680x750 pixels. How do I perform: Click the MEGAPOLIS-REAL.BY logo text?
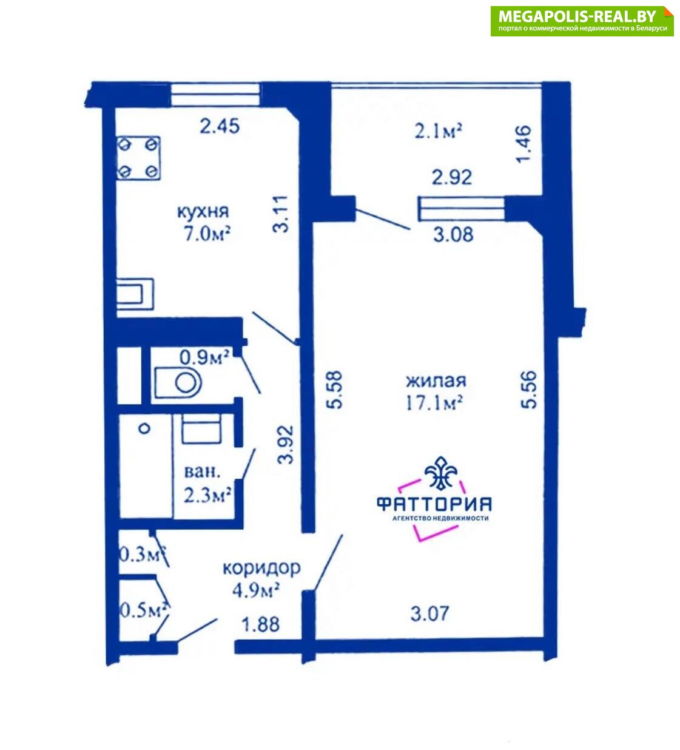[x=577, y=16]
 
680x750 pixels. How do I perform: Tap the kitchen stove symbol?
[x=138, y=158]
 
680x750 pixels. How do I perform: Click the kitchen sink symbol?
[x=135, y=294]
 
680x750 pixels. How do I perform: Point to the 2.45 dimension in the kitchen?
[x=220, y=126]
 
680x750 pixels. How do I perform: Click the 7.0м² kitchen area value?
[x=207, y=235]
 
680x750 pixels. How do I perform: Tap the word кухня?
[x=203, y=212]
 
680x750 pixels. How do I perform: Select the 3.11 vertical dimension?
[x=281, y=215]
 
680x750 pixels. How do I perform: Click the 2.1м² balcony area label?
[x=438, y=131]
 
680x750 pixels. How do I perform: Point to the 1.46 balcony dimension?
[x=523, y=144]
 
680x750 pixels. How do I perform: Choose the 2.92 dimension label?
[x=452, y=177]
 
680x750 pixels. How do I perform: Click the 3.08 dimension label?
[x=453, y=234]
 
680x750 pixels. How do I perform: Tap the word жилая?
[x=436, y=380]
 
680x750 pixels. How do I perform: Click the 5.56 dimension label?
[x=529, y=390]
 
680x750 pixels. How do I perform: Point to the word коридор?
[x=261, y=569]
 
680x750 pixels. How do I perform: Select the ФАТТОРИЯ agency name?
[x=434, y=504]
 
